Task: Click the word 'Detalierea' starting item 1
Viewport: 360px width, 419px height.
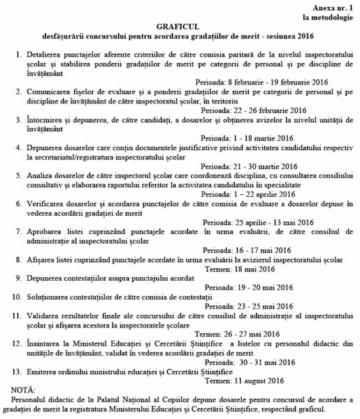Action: point(48,54)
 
